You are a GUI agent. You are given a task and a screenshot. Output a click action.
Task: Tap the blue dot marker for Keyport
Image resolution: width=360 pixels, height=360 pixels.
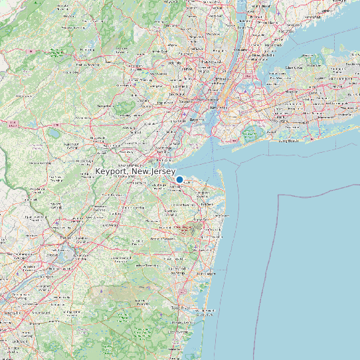179,179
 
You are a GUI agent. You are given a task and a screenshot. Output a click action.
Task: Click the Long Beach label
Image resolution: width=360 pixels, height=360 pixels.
290,141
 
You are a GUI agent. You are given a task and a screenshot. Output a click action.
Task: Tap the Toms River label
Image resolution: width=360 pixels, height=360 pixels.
181,308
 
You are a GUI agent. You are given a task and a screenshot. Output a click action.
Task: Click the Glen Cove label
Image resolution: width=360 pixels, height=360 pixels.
293,67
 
